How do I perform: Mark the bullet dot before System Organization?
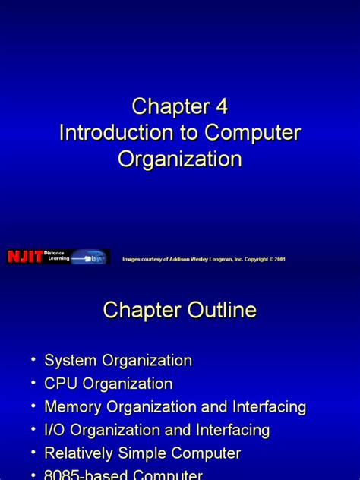click(x=32, y=359)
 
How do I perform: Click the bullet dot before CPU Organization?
click(x=32, y=383)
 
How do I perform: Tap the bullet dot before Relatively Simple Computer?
click(x=32, y=453)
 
